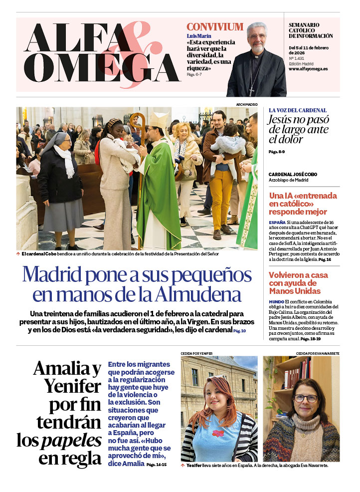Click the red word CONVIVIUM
click(x=215, y=27)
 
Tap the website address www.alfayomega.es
click(x=308, y=69)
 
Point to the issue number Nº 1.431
click(x=298, y=58)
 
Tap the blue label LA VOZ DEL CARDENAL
click(x=298, y=110)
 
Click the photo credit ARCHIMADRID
click(x=247, y=104)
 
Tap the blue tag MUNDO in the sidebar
click(x=276, y=302)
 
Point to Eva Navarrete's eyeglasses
click(x=306, y=398)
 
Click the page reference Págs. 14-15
click(x=157, y=465)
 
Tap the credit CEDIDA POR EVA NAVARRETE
click(x=318, y=353)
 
